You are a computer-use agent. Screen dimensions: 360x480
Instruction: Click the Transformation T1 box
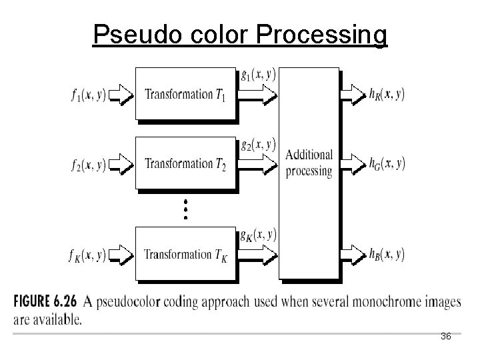pos(185,94)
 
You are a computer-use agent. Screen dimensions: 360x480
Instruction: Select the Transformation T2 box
pos(185,163)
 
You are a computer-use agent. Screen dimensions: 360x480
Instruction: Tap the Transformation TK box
pos(185,254)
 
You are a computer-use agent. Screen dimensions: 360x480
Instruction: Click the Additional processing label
pos(308,163)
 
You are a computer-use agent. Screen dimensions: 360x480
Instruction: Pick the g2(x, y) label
pos(258,144)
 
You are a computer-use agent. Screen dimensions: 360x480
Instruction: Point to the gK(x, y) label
pos(258,235)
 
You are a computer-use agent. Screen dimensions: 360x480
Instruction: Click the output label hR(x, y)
pos(386,94)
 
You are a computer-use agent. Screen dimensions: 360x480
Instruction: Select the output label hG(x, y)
pos(386,163)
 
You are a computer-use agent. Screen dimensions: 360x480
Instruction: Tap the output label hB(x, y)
pos(386,254)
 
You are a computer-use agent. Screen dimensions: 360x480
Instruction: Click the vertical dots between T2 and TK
pos(186,209)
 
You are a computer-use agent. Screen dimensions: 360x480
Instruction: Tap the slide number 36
pos(446,337)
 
